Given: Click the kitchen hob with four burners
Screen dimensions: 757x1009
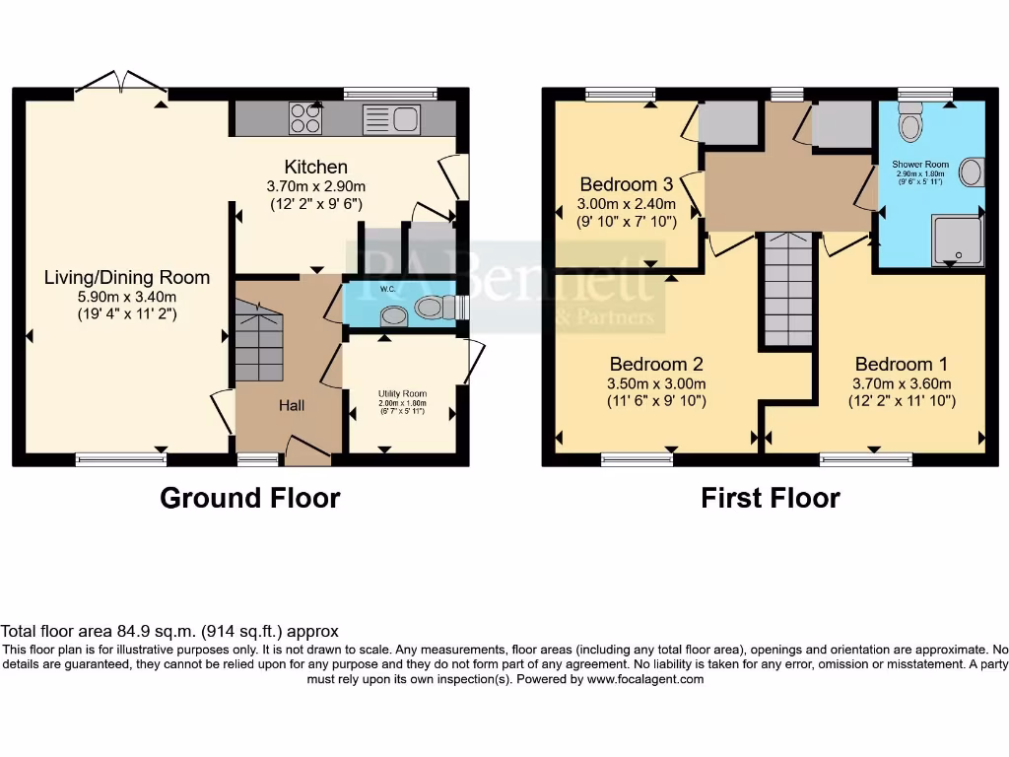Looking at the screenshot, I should pyautogui.click(x=305, y=119).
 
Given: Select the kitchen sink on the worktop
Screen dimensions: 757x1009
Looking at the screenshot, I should pyautogui.click(x=391, y=120).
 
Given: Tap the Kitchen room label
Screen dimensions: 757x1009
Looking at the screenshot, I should pyautogui.click(x=315, y=167).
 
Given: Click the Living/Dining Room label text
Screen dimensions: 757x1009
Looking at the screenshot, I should pyautogui.click(x=126, y=277).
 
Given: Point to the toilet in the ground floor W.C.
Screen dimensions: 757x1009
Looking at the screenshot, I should pyautogui.click(x=431, y=308).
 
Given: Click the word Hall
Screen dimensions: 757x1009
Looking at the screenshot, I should pyautogui.click(x=291, y=405).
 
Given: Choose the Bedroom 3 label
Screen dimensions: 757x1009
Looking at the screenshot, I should pyautogui.click(x=626, y=184).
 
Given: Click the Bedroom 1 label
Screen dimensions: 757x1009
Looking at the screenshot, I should pyautogui.click(x=902, y=364).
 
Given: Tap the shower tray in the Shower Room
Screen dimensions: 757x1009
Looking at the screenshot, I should pyautogui.click(x=958, y=240).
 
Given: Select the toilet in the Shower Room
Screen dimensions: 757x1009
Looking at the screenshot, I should pyautogui.click(x=910, y=124).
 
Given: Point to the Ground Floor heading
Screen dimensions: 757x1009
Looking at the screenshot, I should pyautogui.click(x=249, y=498).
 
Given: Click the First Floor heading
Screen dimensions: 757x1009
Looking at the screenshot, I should pyautogui.click(x=770, y=498).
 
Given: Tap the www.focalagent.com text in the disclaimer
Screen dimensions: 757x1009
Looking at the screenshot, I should pyautogui.click(x=644, y=679).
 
